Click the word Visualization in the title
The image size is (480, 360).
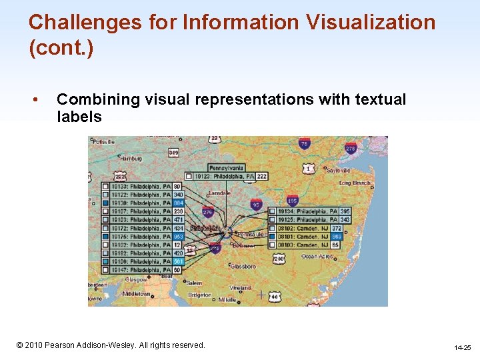point(370,23)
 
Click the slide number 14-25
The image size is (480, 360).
point(462,347)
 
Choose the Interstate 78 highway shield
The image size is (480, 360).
point(304,143)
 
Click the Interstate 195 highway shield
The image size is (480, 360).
point(291,201)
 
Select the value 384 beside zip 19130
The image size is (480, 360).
point(178,203)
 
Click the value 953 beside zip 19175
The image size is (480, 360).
point(178,237)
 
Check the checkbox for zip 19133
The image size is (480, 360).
point(105,186)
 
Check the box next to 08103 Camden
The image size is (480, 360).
point(273,245)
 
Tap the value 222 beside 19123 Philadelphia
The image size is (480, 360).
point(261,176)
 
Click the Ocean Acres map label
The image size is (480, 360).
point(316,255)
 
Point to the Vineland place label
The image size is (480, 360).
point(241,287)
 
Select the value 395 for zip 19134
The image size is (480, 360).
point(345,211)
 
